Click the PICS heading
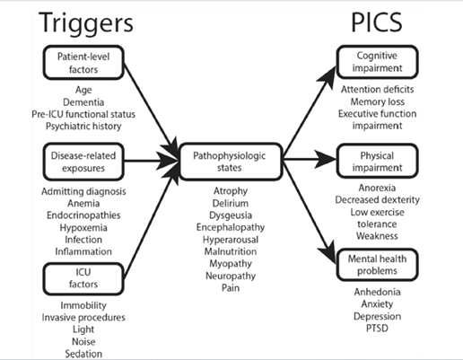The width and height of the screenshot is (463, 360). (377, 22)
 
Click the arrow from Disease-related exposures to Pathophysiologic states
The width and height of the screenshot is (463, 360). (152, 162)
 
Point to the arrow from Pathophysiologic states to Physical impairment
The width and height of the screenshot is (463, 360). (310, 159)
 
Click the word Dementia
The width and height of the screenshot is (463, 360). (83, 102)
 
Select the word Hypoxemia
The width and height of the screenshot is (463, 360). (83, 228)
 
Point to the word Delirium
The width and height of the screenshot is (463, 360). (231, 204)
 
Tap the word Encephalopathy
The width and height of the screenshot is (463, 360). (231, 227)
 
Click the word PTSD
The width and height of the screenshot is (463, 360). (377, 329)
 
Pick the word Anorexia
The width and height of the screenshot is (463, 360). (377, 188)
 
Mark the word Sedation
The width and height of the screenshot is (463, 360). (83, 354)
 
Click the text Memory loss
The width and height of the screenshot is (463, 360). (377, 101)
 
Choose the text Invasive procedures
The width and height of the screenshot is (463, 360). (83, 318)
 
